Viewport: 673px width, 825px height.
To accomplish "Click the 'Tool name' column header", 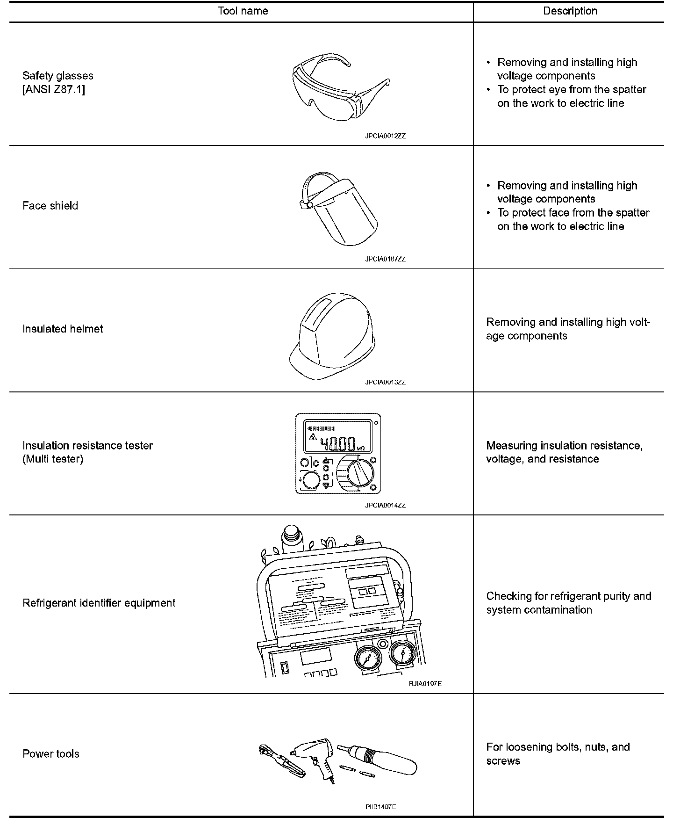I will click(x=243, y=11).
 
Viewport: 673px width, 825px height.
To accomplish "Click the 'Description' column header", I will click(x=570, y=11).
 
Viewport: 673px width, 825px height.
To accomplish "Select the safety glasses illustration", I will click(x=340, y=88).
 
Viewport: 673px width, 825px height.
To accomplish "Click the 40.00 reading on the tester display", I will click(x=337, y=444).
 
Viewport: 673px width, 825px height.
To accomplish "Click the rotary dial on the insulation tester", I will click(x=360, y=473).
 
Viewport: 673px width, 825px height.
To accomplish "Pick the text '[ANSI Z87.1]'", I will click(x=54, y=89).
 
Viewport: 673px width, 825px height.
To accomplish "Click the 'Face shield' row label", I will click(x=50, y=206).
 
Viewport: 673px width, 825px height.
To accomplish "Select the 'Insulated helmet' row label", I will click(x=63, y=329).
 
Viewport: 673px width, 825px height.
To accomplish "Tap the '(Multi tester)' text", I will click(x=53, y=459).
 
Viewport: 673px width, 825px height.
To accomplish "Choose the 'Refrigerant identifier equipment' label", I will click(x=99, y=603).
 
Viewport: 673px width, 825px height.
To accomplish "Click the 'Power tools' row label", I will click(x=51, y=754).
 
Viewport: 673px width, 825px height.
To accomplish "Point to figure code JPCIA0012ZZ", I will click(x=385, y=136).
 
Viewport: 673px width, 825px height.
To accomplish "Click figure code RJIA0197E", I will click(x=425, y=684).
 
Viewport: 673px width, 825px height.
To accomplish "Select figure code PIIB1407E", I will click(x=380, y=807).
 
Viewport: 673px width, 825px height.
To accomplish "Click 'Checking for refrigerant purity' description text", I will click(x=568, y=596).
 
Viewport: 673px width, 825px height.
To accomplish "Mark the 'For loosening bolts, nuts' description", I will click(x=558, y=747).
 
